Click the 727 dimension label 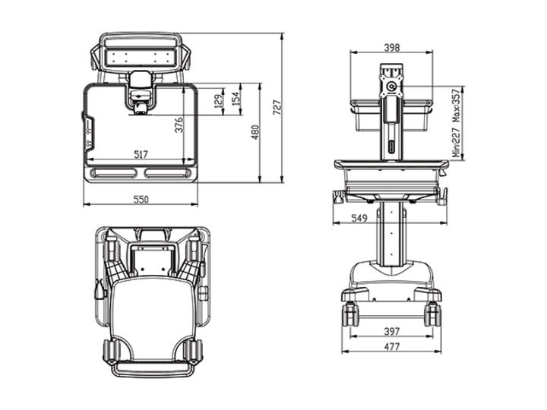[277, 108]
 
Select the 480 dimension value [255, 132]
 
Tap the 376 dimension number [179, 125]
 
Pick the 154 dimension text [236, 99]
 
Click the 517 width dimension [141, 154]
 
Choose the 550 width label [141, 200]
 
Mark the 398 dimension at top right [392, 47]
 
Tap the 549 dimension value [359, 218]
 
